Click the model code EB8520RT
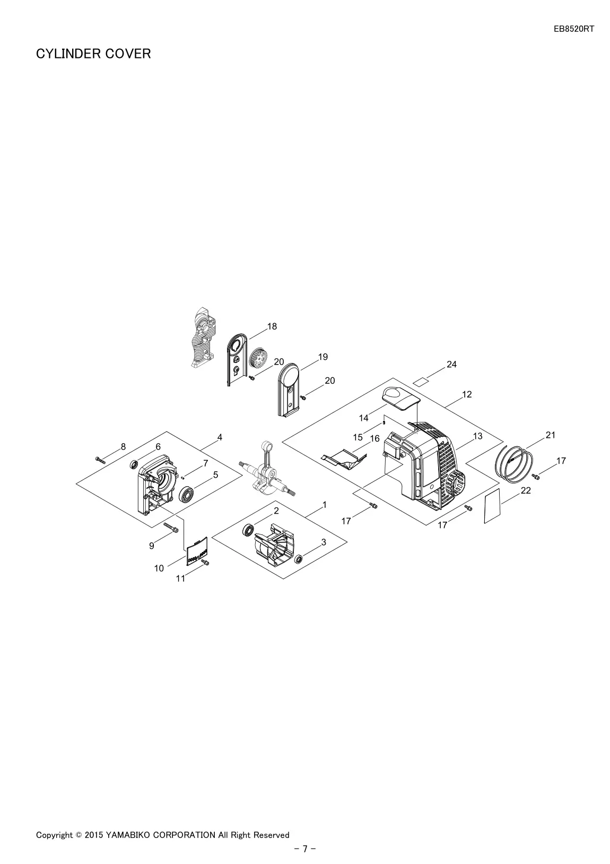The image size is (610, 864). pyautogui.click(x=574, y=29)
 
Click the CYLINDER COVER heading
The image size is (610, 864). pyautogui.click(x=93, y=54)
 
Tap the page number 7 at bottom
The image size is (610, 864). pyautogui.click(x=305, y=849)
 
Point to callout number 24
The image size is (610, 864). pyautogui.click(x=451, y=364)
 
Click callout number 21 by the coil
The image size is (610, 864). pyautogui.click(x=550, y=435)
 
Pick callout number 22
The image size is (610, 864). pyautogui.click(x=526, y=490)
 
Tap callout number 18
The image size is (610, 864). pyautogui.click(x=272, y=326)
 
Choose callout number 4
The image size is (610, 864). pyautogui.click(x=220, y=437)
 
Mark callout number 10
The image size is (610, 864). pyautogui.click(x=159, y=568)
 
